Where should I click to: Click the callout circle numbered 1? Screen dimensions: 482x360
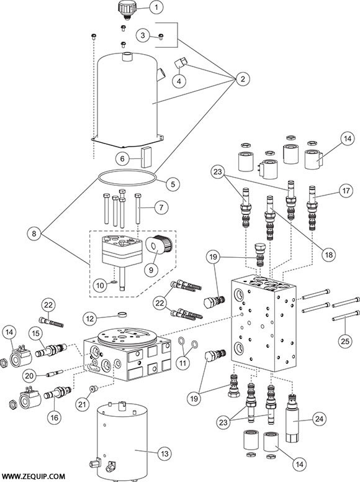click(x=157, y=8)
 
